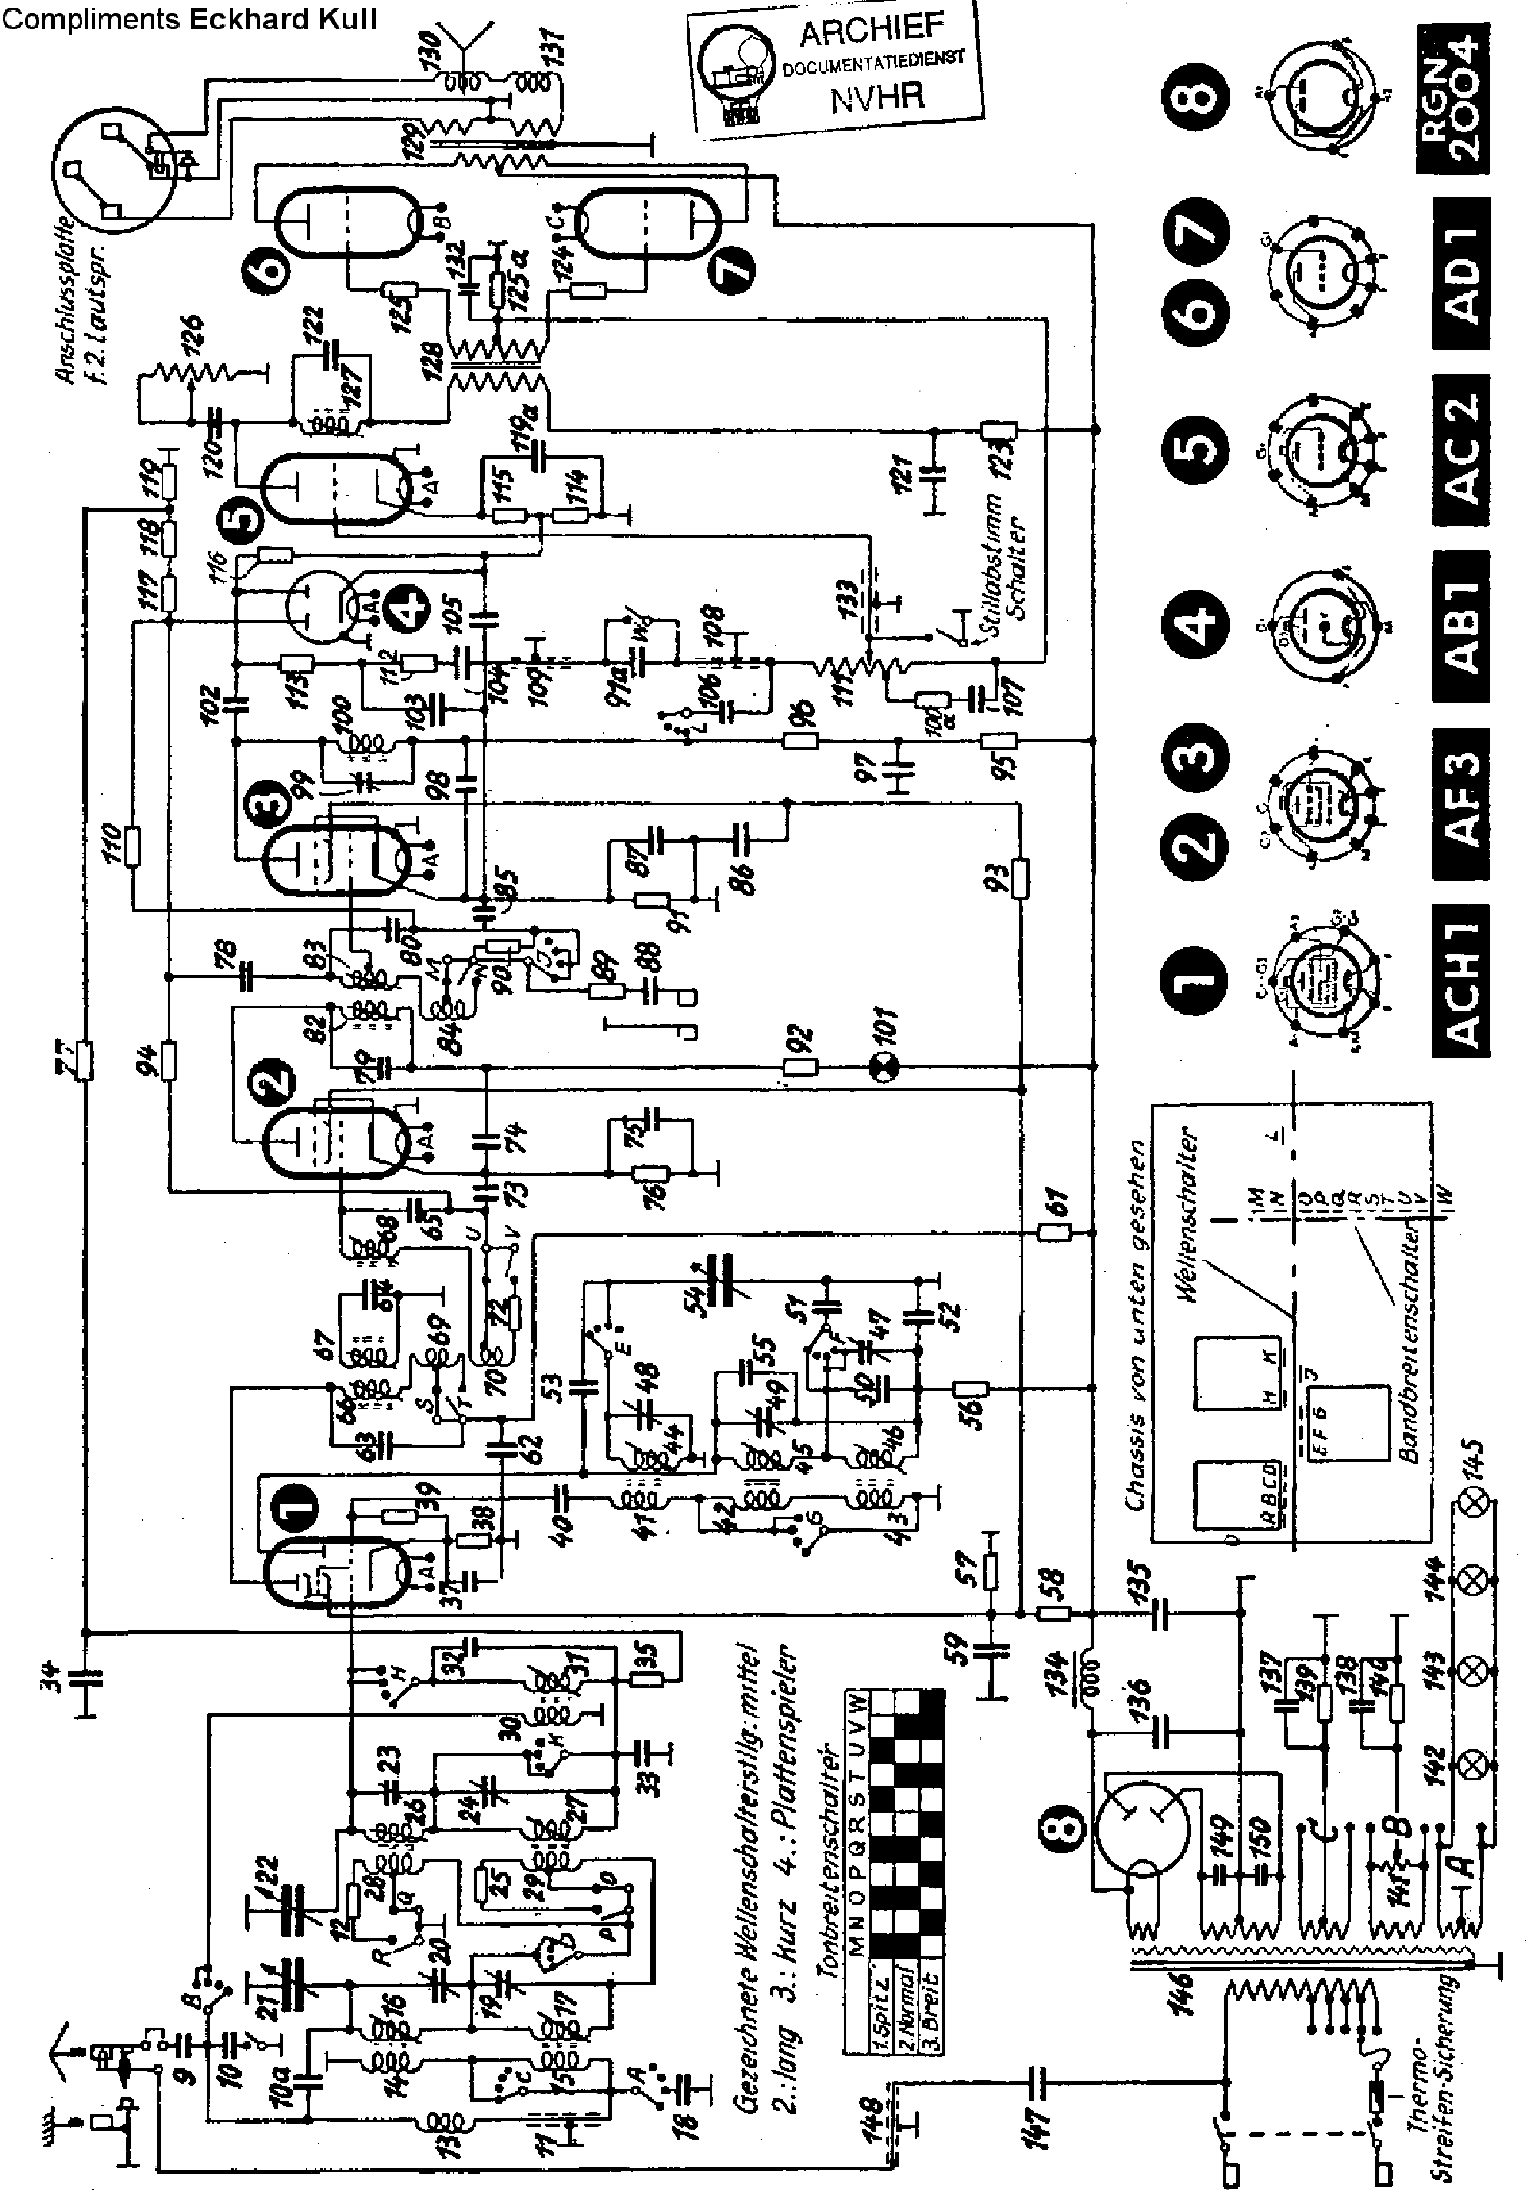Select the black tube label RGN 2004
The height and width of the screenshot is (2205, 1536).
[1452, 100]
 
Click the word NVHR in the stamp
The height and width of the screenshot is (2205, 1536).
[877, 96]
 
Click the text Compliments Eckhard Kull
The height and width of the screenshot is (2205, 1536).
[188, 18]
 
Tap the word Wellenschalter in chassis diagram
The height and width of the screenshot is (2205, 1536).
[1189, 1215]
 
